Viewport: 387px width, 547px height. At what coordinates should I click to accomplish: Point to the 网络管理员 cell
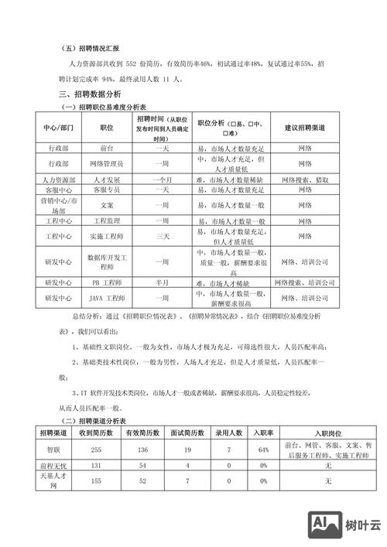pyautogui.click(x=108, y=164)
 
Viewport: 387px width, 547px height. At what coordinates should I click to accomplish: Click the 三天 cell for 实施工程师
pyautogui.click(x=163, y=235)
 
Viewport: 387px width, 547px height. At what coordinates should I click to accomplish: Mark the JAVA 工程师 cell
pyautogui.click(x=108, y=298)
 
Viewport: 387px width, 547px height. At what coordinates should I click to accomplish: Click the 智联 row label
pyautogui.click(x=58, y=450)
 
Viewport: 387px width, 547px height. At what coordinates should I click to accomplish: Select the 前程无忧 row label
pyautogui.click(x=58, y=466)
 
